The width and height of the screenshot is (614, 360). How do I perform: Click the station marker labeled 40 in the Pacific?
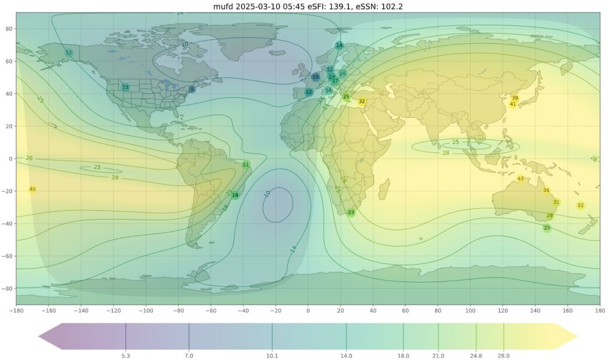pyautogui.click(x=32, y=190)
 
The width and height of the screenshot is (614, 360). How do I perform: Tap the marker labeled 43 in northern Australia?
pyautogui.click(x=520, y=179)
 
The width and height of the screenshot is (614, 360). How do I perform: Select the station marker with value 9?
pyautogui.click(x=192, y=89)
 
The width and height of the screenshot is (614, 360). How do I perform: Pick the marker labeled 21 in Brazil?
pyautogui.click(x=246, y=164)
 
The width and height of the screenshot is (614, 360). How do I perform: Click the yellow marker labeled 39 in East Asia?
pyautogui.click(x=514, y=98)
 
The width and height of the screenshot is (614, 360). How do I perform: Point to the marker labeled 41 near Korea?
pyautogui.click(x=513, y=104)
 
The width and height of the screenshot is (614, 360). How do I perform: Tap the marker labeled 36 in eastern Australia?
pyautogui.click(x=546, y=190)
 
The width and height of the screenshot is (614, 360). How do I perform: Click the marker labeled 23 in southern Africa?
pyautogui.click(x=351, y=212)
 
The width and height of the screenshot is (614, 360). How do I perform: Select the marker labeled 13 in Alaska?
pyautogui.click(x=68, y=53)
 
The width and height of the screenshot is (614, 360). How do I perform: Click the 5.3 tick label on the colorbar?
pyautogui.click(x=125, y=356)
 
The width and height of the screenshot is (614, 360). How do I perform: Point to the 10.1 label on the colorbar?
pyautogui.click(x=272, y=356)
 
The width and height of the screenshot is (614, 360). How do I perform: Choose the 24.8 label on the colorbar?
pyautogui.click(x=476, y=356)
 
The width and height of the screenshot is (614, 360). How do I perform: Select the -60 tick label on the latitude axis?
pyautogui.click(x=8, y=256)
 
